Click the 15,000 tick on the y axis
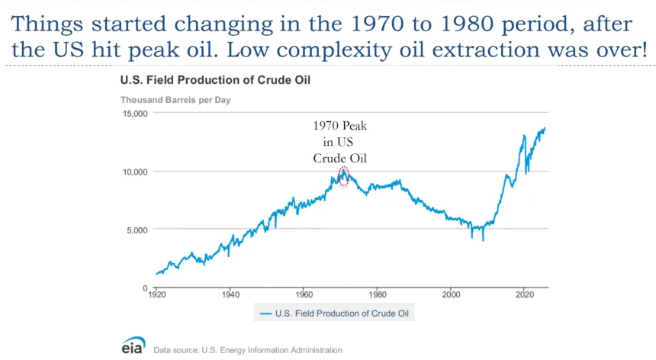click(x=135, y=114)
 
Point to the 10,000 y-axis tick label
click(x=135, y=172)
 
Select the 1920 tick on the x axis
click(x=157, y=294)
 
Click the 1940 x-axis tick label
click(x=230, y=294)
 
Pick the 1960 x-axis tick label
click(x=304, y=294)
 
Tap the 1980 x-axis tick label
click(x=377, y=294)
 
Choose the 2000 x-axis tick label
click(x=451, y=294)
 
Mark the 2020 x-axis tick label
click(x=524, y=294)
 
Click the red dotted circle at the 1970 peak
click(x=343, y=177)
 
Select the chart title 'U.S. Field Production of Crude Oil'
click(x=204, y=79)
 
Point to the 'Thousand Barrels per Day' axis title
click(x=175, y=100)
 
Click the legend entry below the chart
click(x=336, y=313)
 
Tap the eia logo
click(x=133, y=345)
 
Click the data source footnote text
click(x=248, y=350)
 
